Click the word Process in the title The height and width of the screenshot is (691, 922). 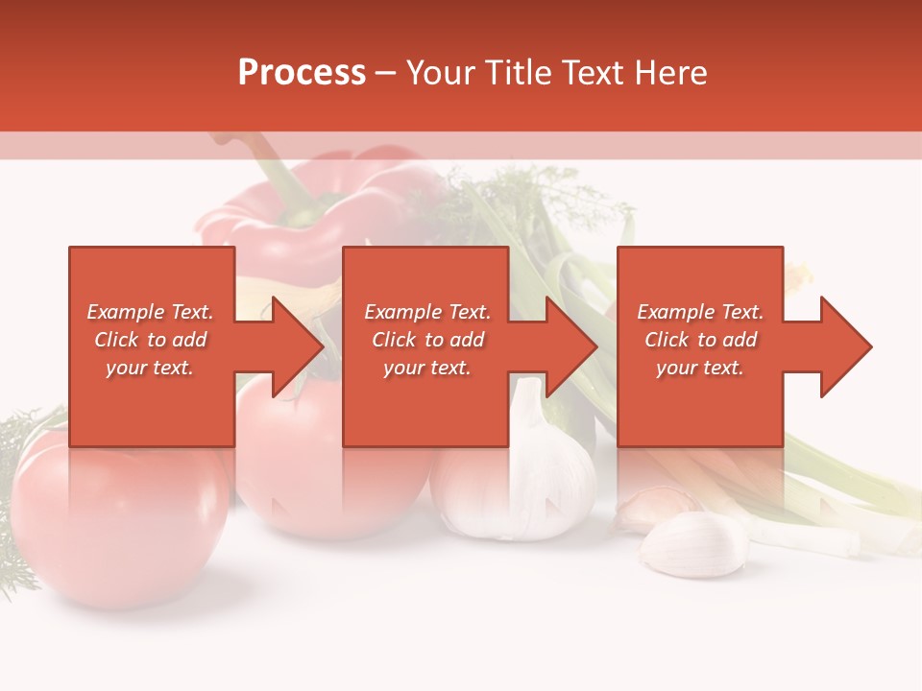click(x=302, y=73)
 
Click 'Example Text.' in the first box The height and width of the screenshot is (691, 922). click(x=150, y=312)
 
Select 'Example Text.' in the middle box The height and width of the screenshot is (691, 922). click(x=427, y=312)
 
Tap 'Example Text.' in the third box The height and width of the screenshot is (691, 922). click(x=700, y=312)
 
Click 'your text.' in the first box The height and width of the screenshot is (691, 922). click(x=150, y=368)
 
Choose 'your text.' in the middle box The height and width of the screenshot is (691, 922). click(x=427, y=368)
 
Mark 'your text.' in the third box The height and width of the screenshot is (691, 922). click(x=700, y=368)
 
